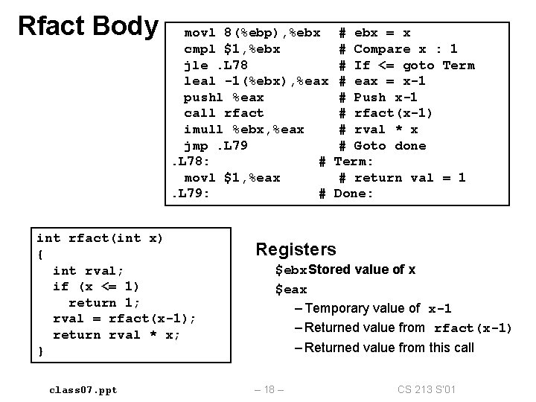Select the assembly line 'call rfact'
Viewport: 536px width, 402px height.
(223, 113)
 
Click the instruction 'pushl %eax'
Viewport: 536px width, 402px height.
(223, 98)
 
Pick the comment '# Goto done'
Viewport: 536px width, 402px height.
(383, 145)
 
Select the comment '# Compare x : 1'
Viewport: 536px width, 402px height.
(398, 49)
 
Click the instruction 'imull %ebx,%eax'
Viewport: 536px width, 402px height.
(243, 130)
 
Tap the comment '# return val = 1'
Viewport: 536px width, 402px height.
(402, 177)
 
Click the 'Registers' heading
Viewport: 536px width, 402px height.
(296, 250)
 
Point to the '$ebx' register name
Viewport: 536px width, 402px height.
(291, 269)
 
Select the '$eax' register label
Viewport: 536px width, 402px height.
(291, 289)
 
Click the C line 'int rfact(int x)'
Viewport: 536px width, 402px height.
(100, 238)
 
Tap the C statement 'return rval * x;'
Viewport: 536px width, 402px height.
(117, 335)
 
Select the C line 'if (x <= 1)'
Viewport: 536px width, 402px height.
(96, 287)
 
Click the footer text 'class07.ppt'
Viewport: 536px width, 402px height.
(83, 390)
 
